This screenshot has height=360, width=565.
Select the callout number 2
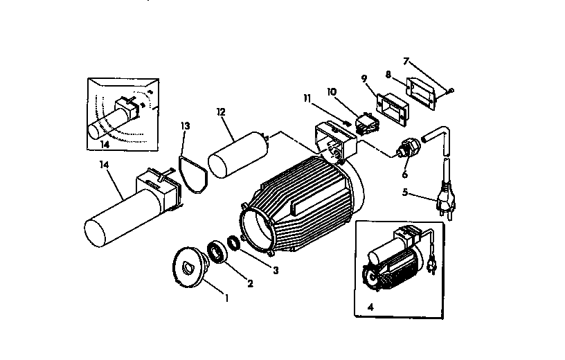pyautogui.click(x=250, y=283)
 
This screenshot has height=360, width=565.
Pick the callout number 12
pyautogui.click(x=221, y=111)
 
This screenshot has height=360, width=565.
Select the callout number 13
pyautogui.click(x=184, y=125)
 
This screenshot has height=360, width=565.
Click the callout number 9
pyautogui.click(x=363, y=78)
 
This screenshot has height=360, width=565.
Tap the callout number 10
pyautogui.click(x=332, y=91)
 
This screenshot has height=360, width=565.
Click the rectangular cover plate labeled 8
pyautogui.click(x=421, y=93)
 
